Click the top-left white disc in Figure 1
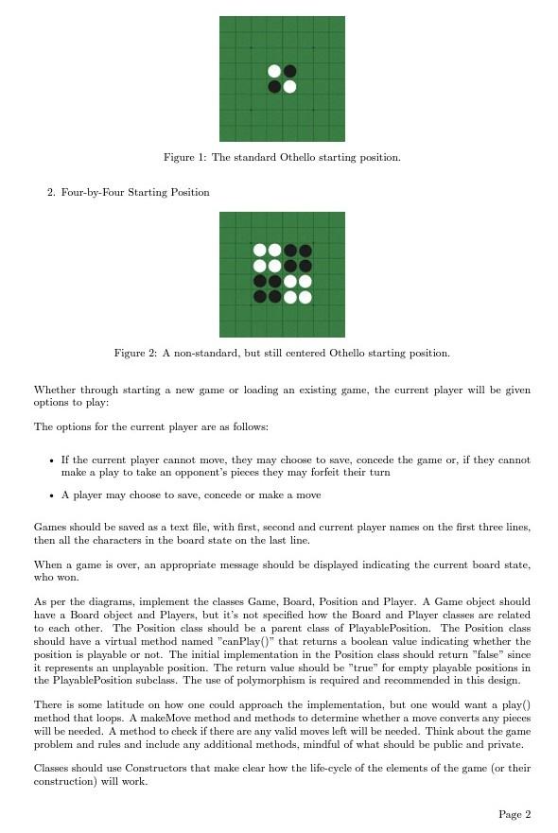[274, 71]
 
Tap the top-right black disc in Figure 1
[290, 71]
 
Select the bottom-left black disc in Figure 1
[274, 87]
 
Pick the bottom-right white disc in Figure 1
[290, 87]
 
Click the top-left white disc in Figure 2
[259, 251]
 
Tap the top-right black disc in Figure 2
[305, 251]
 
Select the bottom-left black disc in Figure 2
[259, 297]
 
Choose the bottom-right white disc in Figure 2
[305, 297]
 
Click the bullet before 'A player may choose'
[50, 495]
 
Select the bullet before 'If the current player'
[50, 460]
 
